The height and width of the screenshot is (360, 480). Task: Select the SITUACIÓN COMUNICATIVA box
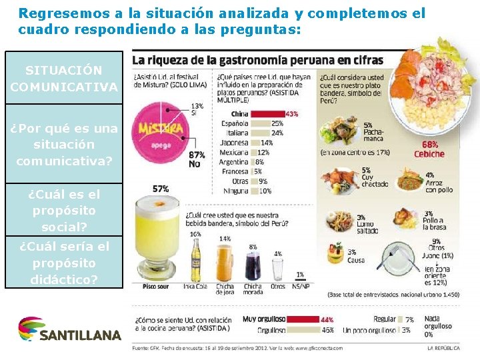click(64, 78)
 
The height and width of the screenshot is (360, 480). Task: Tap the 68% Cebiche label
click(429, 149)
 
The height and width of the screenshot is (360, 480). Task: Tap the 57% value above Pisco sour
click(161, 189)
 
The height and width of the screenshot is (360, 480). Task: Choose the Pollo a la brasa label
click(433, 221)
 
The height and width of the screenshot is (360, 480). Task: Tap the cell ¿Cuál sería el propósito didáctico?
click(64, 263)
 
